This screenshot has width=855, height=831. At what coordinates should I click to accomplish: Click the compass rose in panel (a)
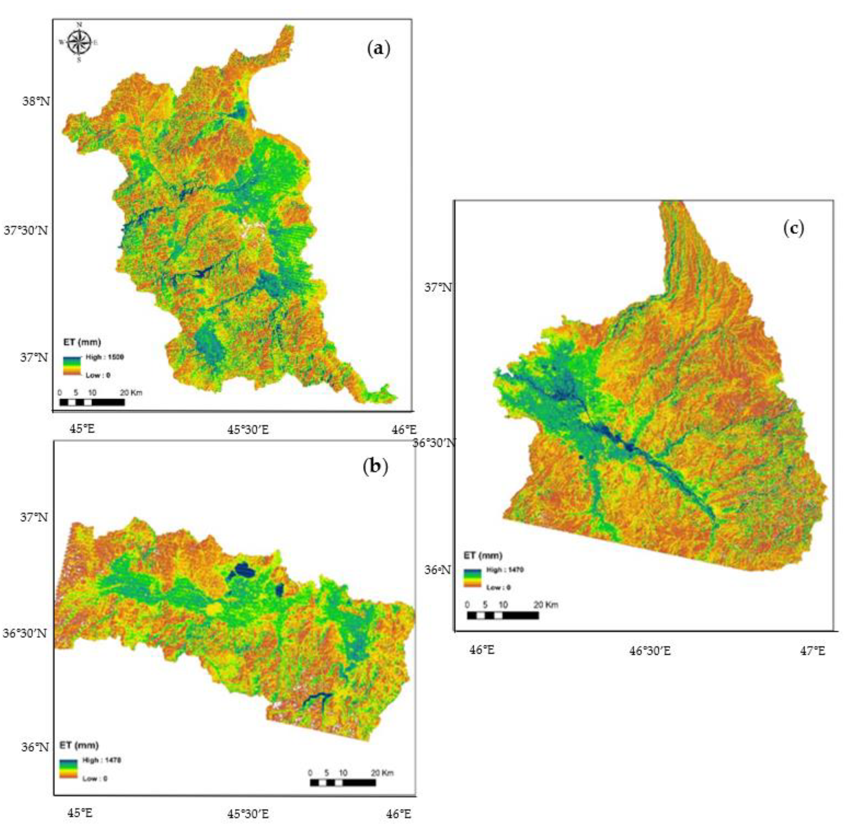click(x=79, y=42)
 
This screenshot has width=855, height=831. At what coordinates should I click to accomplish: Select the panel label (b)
click(x=376, y=467)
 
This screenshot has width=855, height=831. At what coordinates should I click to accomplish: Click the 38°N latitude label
click(x=36, y=101)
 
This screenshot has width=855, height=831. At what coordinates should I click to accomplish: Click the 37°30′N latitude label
click(x=26, y=230)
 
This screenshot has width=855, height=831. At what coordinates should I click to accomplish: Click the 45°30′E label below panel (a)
click(x=248, y=430)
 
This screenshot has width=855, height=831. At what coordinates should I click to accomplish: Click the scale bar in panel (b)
click(x=343, y=783)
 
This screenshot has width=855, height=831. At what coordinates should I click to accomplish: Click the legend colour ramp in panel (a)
click(x=71, y=366)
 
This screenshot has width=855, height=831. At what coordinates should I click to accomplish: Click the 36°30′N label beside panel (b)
click(x=25, y=633)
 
